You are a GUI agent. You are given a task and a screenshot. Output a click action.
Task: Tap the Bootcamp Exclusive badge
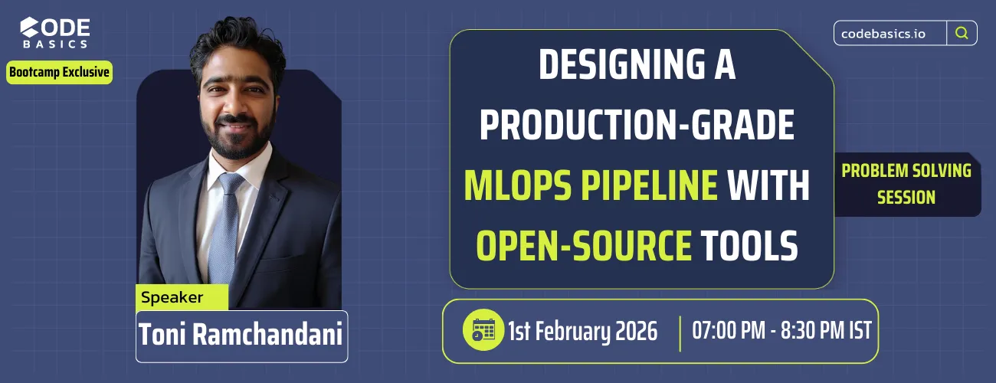pyautogui.click(x=60, y=73)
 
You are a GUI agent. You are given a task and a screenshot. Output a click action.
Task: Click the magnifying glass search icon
pyautogui.click(x=962, y=33)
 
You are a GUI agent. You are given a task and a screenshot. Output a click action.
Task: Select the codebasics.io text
pyautogui.click(x=890, y=34)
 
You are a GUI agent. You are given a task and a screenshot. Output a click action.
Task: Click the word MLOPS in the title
pyautogui.click(x=521, y=186)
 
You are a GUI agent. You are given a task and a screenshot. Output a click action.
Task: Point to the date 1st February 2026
pyautogui.click(x=582, y=331)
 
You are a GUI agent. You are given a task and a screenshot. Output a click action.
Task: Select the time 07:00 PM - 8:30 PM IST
pyautogui.click(x=781, y=331)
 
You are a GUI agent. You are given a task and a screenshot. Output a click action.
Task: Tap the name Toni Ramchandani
pyautogui.click(x=241, y=335)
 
